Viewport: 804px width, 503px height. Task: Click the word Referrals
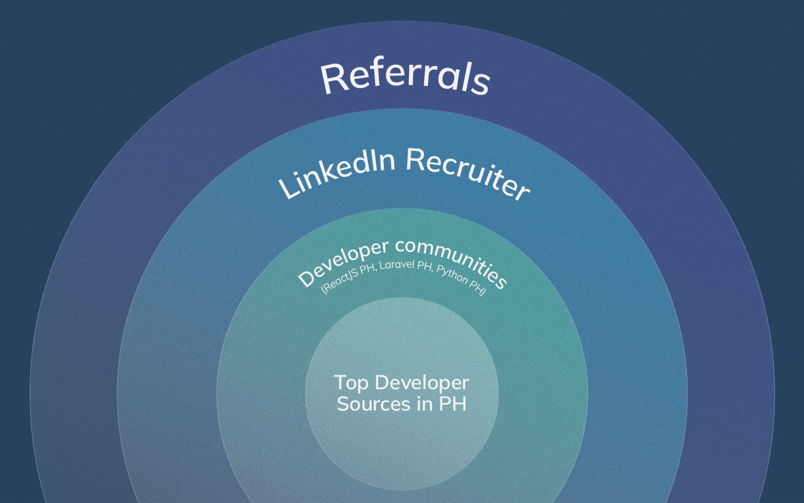[x=405, y=78]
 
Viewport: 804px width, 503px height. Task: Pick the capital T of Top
[x=340, y=382]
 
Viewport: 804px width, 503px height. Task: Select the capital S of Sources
[x=344, y=404]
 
